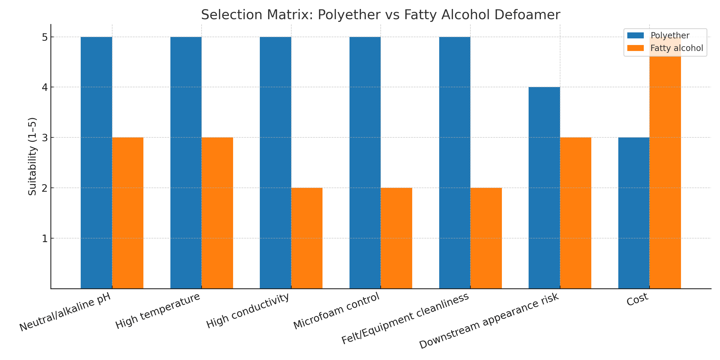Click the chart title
380,15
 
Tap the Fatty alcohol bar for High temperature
217,213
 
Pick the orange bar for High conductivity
307,238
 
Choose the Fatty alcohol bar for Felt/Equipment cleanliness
486,238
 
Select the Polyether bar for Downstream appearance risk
544,188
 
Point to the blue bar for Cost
634,213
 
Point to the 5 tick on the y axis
45,37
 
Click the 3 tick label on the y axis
45,138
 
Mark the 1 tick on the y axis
45,239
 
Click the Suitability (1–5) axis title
32,156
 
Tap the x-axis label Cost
637,299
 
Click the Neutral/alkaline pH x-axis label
65,312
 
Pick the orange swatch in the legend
635,48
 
